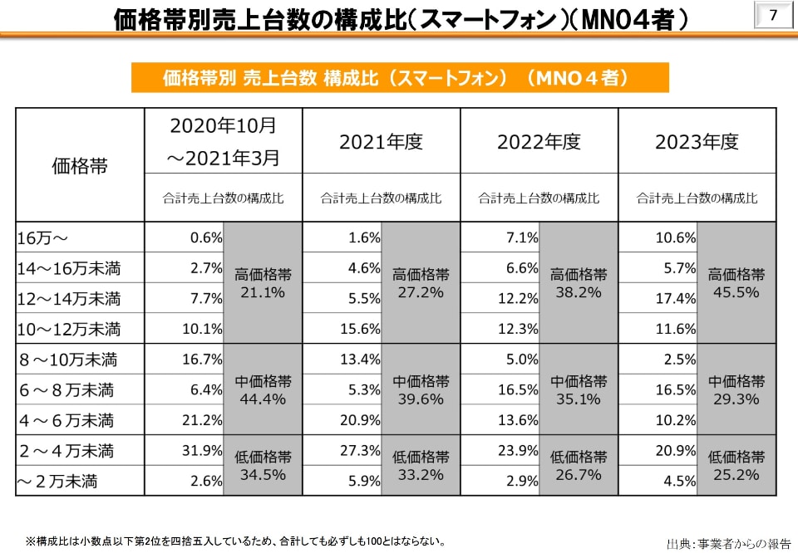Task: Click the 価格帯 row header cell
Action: [80, 165]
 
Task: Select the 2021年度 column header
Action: [381, 142]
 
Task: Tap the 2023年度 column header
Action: [697, 142]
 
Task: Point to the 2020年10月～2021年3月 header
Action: [224, 141]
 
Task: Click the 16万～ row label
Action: [43, 238]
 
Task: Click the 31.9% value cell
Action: [201, 451]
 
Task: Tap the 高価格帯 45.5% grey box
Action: [736, 283]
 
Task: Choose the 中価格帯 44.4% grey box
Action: [263, 389]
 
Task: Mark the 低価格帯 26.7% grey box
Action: [579, 465]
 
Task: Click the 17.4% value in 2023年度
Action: [676, 298]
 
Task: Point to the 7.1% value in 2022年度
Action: [522, 238]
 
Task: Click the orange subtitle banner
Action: [399, 77]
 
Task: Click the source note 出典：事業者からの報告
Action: [728, 544]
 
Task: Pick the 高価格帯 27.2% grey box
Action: [421, 283]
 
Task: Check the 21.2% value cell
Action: [201, 420]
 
